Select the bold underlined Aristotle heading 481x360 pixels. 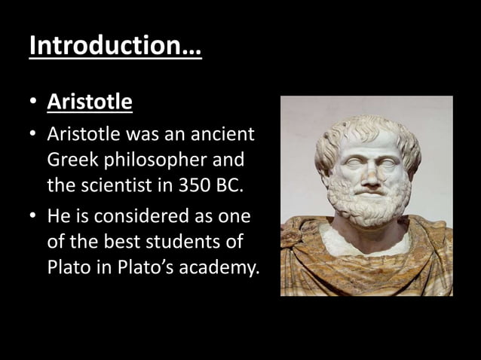pyautogui.click(x=90, y=102)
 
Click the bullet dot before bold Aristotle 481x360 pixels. pyautogui.click(x=33, y=102)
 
